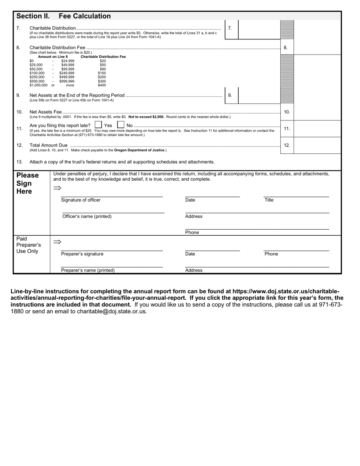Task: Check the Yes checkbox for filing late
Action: tap(98, 125)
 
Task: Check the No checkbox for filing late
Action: tap(121, 125)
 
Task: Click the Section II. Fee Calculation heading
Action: tap(63, 16)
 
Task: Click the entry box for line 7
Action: tap(259, 29)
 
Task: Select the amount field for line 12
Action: tap(317, 145)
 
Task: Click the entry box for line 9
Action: tap(259, 96)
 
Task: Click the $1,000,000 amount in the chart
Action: tap(38, 85)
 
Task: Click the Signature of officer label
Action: tap(81, 200)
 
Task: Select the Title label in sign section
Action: tap(269, 200)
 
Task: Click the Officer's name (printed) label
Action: tap(87, 216)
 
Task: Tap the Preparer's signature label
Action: tap(82, 254)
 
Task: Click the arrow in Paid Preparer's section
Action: tap(57, 242)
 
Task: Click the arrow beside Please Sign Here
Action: tap(57, 188)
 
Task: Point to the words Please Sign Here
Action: tap(27, 183)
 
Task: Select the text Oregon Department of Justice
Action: tap(139, 150)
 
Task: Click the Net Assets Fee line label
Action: tap(45, 112)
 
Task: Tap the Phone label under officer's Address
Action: tap(192, 232)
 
